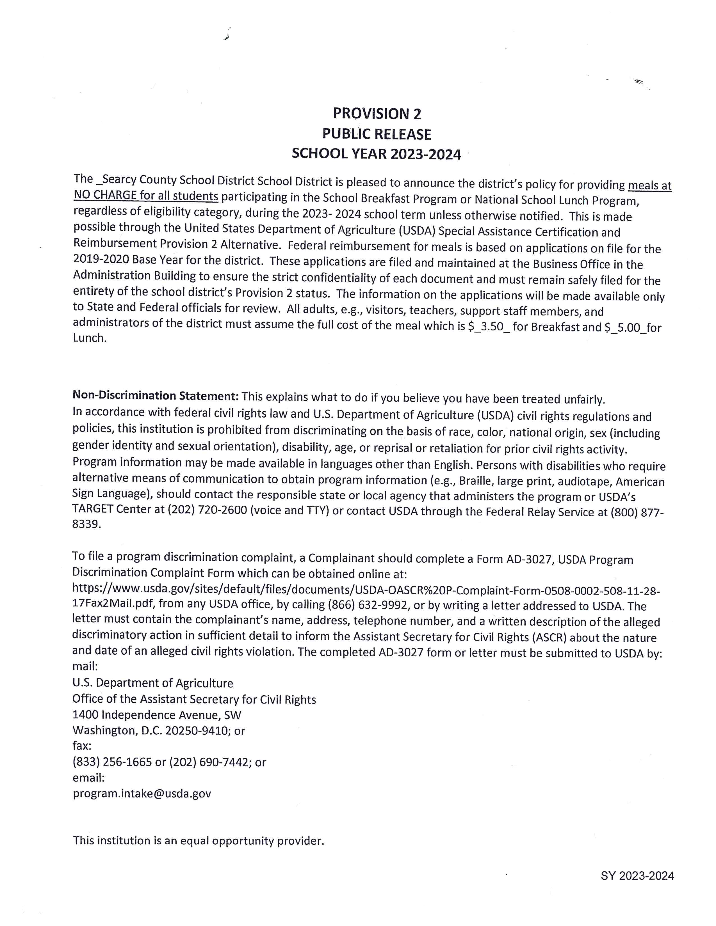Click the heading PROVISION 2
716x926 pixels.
point(377,114)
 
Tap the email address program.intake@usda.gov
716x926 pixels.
point(142,793)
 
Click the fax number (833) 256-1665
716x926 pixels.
point(112,762)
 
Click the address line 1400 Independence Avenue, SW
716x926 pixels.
point(156,715)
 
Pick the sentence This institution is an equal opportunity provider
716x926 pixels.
point(198,840)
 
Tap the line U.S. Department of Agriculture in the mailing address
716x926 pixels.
point(153,683)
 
